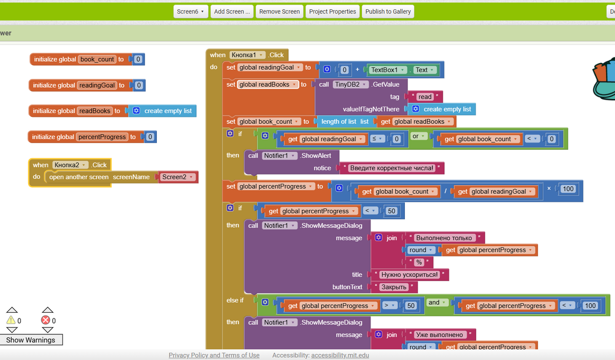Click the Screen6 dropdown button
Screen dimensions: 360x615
click(190, 11)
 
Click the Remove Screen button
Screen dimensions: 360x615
click(279, 11)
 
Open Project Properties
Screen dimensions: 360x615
click(332, 11)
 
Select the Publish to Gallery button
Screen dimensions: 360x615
click(388, 11)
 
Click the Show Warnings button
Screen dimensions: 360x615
click(31, 340)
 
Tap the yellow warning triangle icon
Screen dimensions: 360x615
click(11, 321)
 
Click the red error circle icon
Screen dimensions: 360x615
click(46, 321)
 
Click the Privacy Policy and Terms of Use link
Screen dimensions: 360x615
click(214, 355)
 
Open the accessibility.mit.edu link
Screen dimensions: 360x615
click(340, 355)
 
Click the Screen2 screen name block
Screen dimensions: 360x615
click(177, 177)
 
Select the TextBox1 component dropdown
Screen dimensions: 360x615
click(387, 70)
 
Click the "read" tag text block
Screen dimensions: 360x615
click(424, 96)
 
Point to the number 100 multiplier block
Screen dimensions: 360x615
click(568, 189)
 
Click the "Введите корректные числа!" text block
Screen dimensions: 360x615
click(392, 168)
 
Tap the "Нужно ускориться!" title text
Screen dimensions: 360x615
click(409, 274)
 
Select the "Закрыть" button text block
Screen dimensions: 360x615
click(394, 287)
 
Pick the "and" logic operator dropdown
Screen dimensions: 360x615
click(437, 303)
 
